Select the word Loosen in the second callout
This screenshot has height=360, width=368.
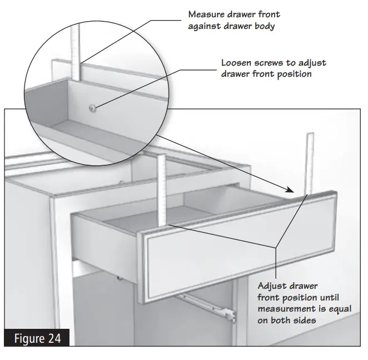point(237,62)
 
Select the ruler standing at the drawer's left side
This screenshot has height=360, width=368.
point(163,189)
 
